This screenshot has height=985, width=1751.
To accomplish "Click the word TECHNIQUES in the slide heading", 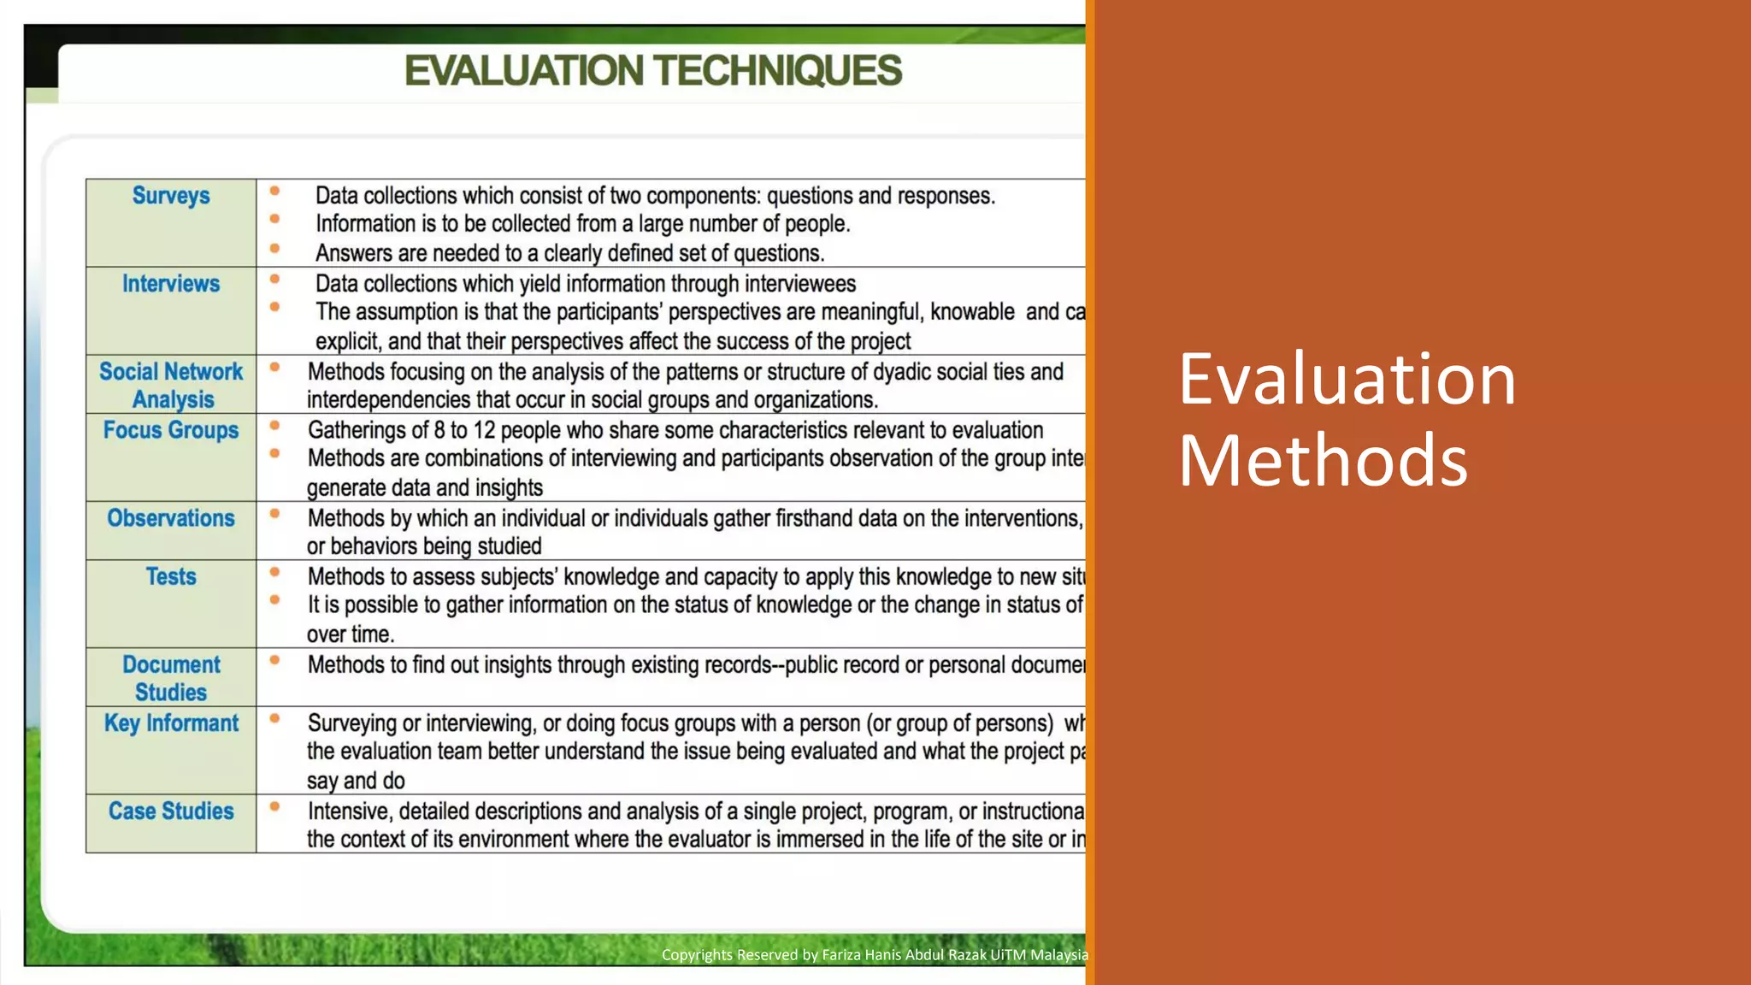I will point(778,71).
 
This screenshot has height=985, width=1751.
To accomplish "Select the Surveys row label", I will point(171,196).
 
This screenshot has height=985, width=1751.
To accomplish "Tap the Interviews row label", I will point(171,284).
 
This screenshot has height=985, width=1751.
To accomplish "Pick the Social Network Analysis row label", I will point(171,386).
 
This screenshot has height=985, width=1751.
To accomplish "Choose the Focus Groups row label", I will point(171,430).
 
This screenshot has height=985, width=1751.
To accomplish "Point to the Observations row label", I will point(171,518).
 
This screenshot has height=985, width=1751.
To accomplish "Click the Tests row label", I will point(171,577).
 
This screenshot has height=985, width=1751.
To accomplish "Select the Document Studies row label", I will point(171,678).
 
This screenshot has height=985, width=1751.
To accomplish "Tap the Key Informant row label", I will point(171,723).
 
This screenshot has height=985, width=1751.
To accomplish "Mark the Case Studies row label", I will point(171,811).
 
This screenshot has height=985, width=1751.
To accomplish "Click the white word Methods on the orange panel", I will point(1323,460).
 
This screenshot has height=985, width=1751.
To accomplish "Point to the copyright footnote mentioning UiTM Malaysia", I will point(875,955).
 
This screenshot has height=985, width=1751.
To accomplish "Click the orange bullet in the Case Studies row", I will point(274,806).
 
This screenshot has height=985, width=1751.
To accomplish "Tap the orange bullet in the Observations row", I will point(274,514).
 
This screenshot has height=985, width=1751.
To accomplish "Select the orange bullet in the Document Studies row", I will point(274,660).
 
